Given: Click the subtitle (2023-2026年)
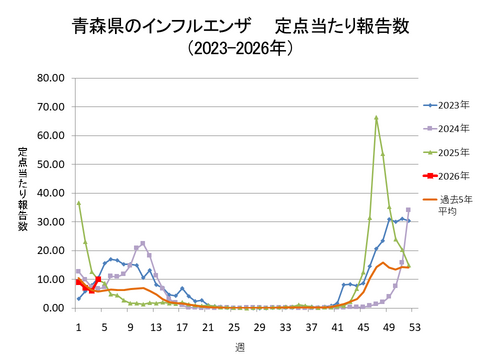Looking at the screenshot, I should tap(241, 47).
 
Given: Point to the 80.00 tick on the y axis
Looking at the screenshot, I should tap(50, 78).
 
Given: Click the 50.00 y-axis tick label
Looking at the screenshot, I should tap(50, 164).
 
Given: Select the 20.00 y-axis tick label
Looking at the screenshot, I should tap(50, 251).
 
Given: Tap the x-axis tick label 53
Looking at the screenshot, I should tap(415, 326).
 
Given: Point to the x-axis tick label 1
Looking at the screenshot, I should tap(78, 326).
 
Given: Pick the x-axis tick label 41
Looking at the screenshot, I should tap(337, 326).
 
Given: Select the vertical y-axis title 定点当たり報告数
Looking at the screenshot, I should tap(22, 190).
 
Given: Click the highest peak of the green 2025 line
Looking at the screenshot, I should tap(376, 118).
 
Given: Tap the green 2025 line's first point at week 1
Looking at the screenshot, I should tap(78, 203).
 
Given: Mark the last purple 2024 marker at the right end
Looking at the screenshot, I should tap(408, 210).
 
